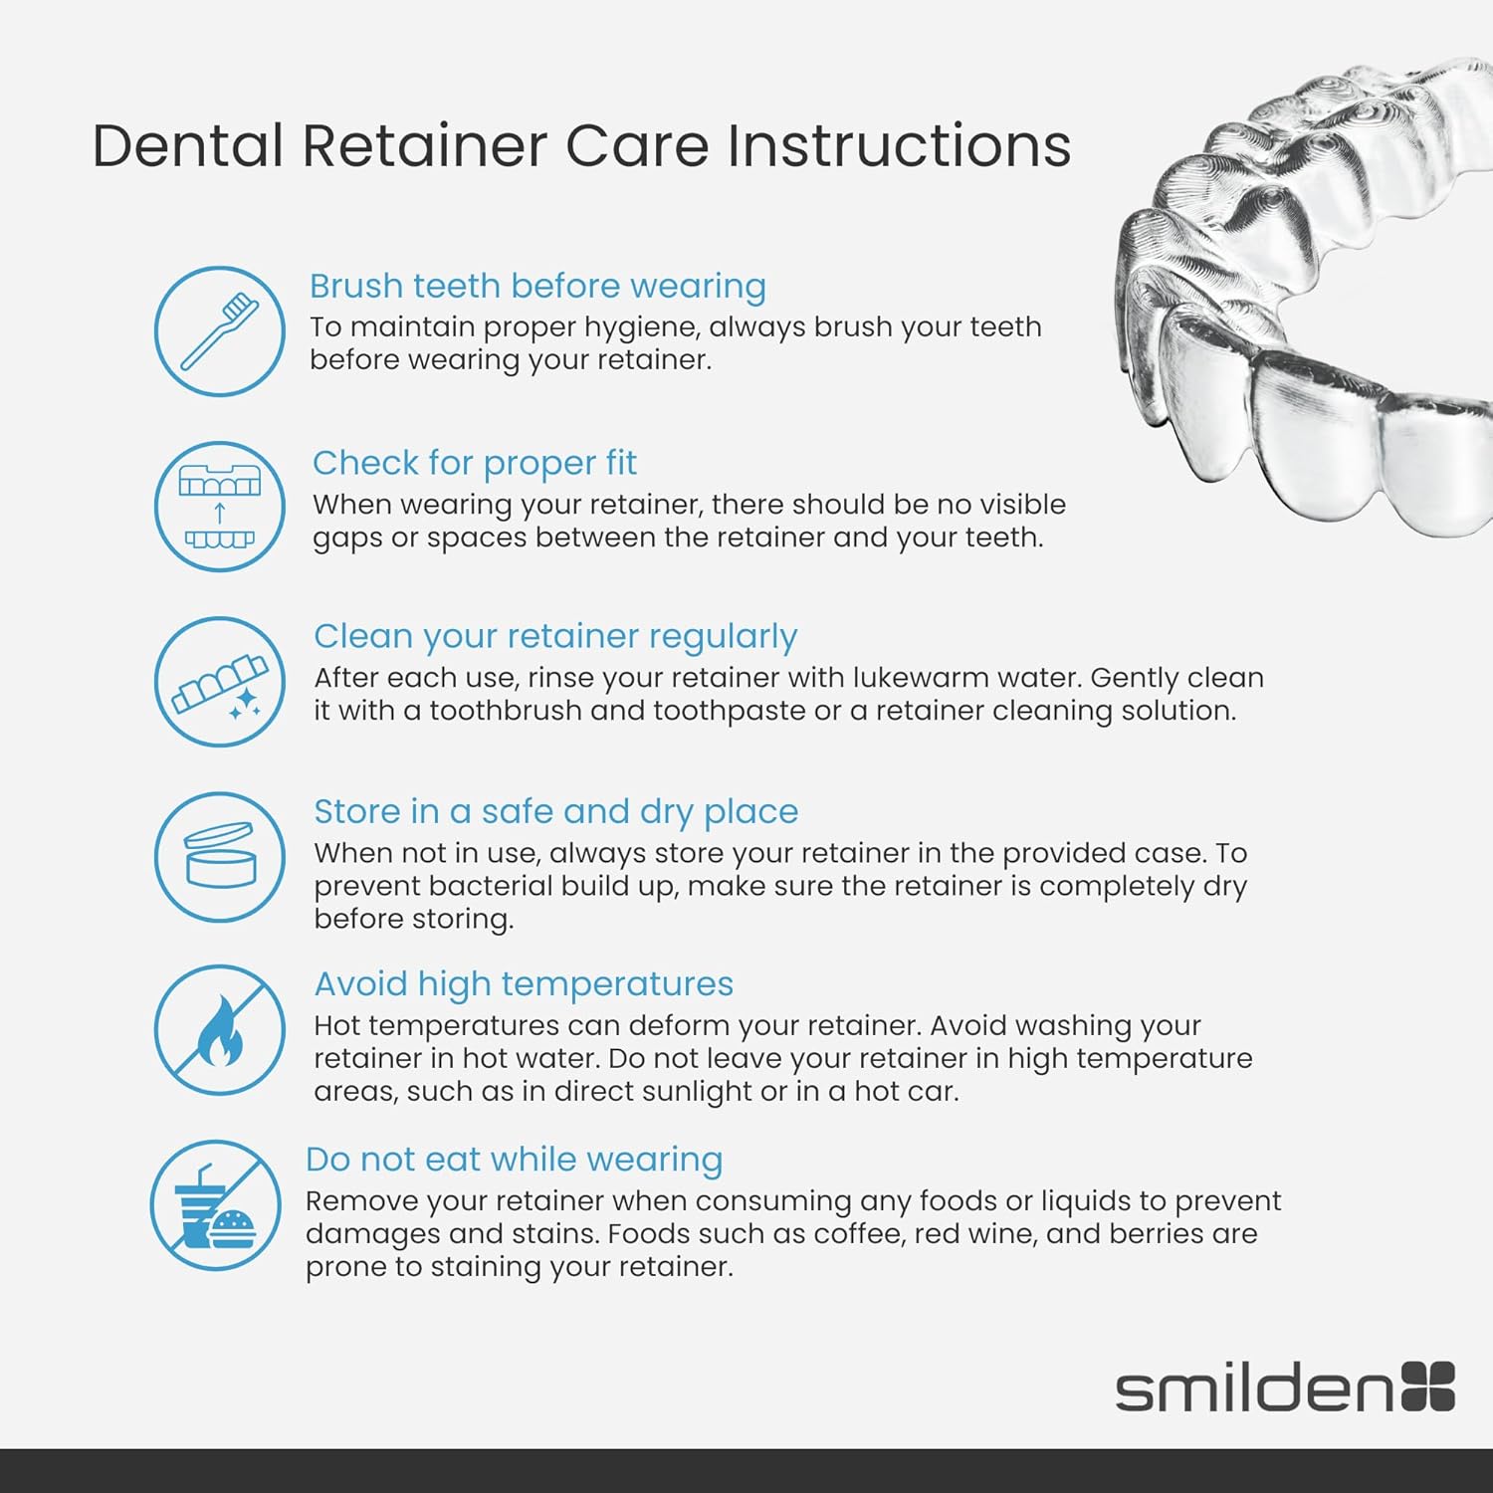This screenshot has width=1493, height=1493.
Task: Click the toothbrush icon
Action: point(220,330)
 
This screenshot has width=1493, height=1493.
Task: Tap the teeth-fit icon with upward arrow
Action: point(220,507)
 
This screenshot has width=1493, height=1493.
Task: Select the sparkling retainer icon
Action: point(220,682)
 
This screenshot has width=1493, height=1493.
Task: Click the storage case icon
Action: point(220,856)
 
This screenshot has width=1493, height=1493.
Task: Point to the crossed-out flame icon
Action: point(220,1030)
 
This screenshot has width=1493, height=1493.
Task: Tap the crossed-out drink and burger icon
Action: point(216,1205)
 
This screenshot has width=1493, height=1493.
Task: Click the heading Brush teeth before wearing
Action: point(537,286)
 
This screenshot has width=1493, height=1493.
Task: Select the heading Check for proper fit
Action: point(475,463)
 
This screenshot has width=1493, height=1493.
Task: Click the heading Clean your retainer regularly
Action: point(555,636)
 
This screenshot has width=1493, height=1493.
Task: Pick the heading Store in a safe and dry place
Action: point(555,811)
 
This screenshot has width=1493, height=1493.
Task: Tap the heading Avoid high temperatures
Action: point(524,983)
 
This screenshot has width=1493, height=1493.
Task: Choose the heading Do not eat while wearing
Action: point(514,1160)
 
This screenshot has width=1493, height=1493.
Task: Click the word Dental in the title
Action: point(188,145)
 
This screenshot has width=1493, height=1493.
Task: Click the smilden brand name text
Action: point(1254,1387)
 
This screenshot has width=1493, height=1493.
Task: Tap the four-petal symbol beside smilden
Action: point(1428,1386)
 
